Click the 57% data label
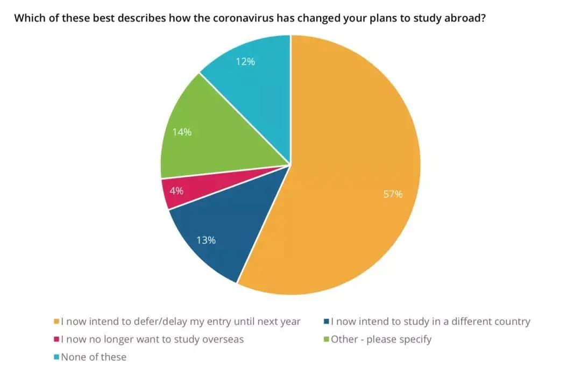click(393, 194)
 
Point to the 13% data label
click(206, 240)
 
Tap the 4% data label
click(176, 190)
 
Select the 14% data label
click(182, 132)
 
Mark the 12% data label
click(245, 61)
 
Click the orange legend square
click(56, 322)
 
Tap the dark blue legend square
click(326, 322)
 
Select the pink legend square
click(56, 339)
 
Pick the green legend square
click(326, 339)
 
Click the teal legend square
click(56, 357)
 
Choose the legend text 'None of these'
click(94, 357)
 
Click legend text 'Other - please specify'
click(381, 339)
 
